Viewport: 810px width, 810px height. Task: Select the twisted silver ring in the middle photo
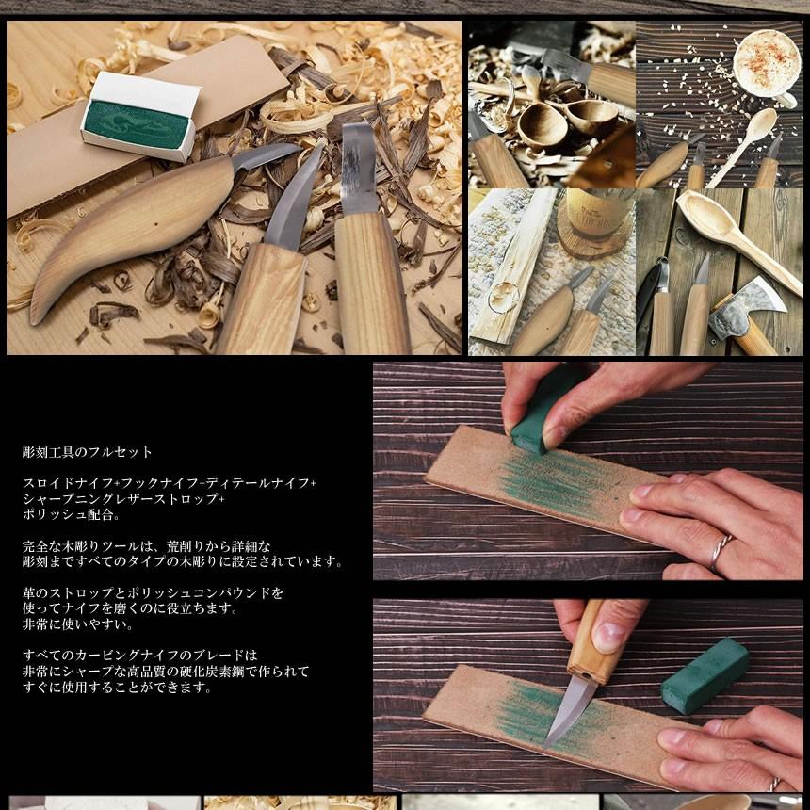(x=721, y=550)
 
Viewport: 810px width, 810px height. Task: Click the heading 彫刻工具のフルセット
(x=88, y=452)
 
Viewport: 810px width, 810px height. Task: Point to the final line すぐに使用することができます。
(x=118, y=688)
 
